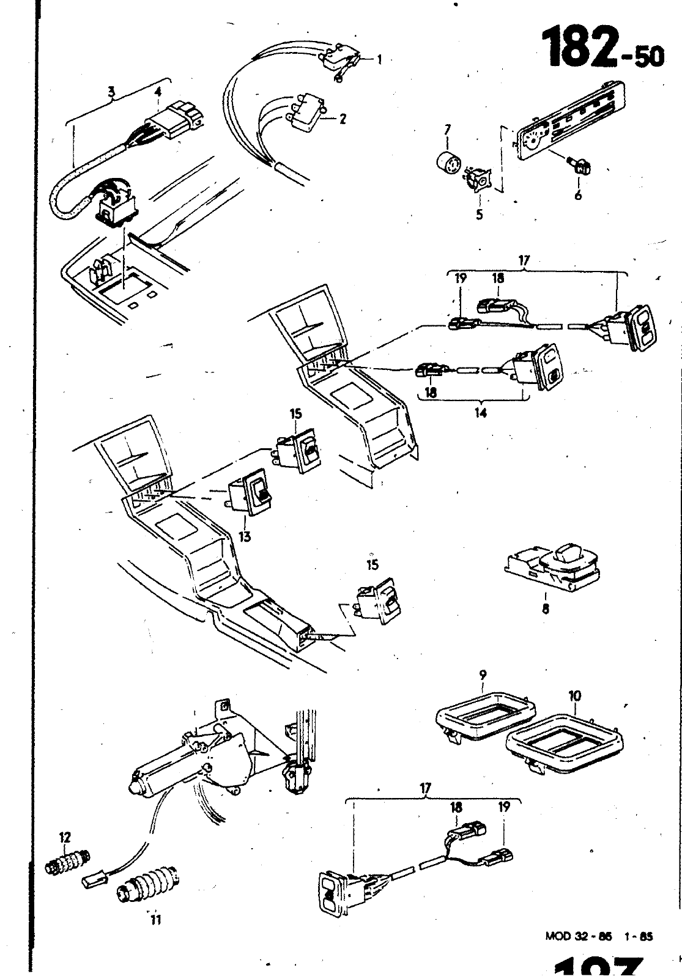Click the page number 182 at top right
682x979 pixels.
580,46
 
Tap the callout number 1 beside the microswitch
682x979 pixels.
379,59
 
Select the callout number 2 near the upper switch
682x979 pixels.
111,92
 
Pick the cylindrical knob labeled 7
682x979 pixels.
578,196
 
